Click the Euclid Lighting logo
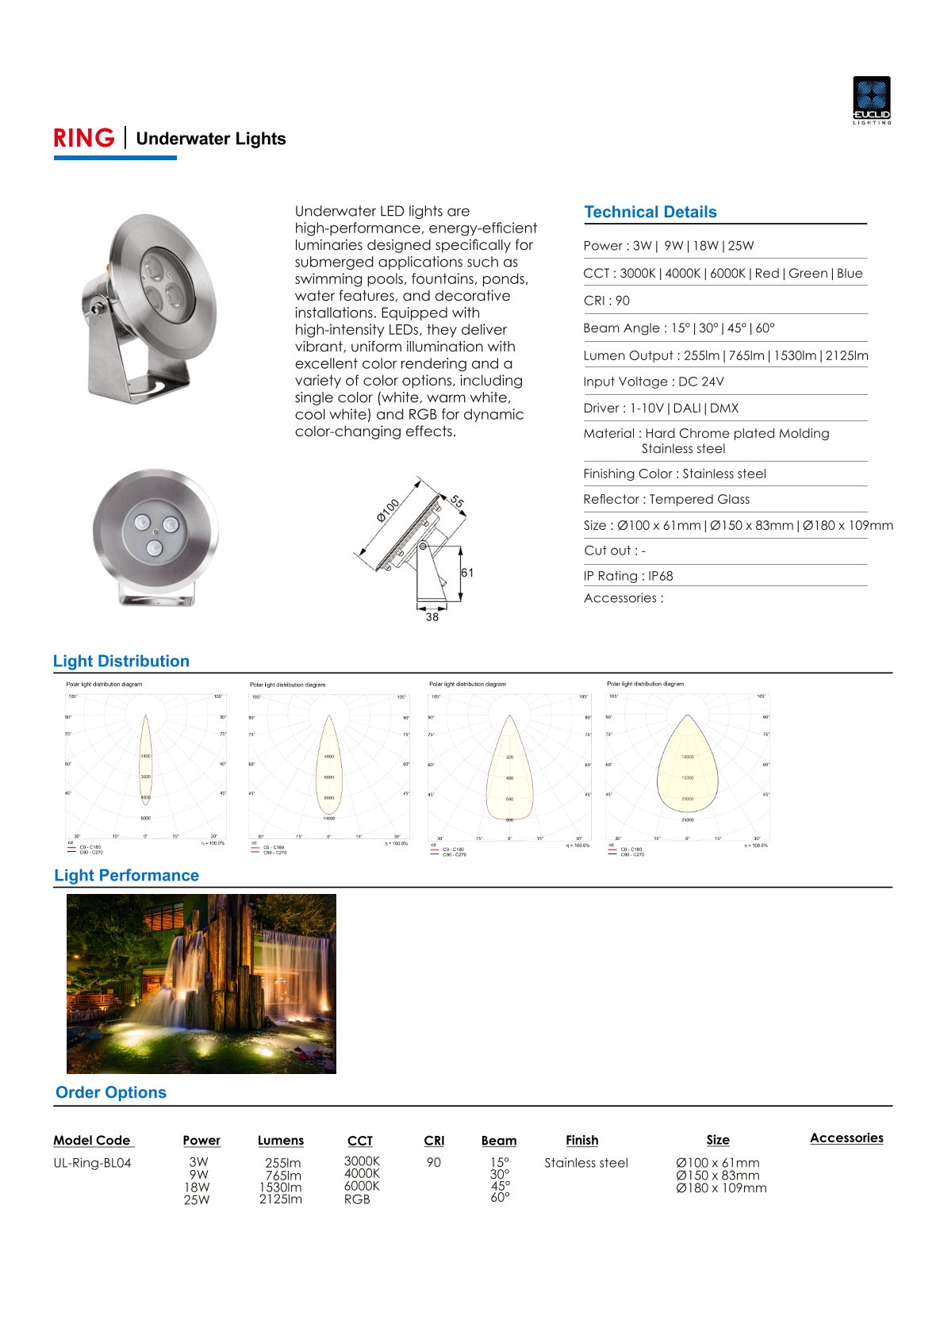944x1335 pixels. point(871,100)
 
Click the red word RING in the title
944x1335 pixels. point(84,138)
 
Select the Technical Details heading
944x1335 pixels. point(650,212)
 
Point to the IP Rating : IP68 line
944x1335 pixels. point(627,576)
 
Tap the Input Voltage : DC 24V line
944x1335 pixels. point(653,382)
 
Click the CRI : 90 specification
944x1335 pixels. point(606,301)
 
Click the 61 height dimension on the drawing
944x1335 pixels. point(467,573)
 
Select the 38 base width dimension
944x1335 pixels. point(432,617)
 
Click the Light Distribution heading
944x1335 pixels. point(121,661)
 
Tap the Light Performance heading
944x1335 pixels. point(126,875)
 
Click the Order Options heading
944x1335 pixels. point(111,1092)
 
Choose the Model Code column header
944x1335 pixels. point(92,1141)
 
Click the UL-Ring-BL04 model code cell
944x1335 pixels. point(92,1163)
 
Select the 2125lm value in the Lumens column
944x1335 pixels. point(280,1199)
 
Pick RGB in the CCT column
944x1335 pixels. point(357,1199)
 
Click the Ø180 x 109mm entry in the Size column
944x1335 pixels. point(721,1188)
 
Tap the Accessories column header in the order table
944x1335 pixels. point(846,1138)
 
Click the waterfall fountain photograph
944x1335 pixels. point(201,984)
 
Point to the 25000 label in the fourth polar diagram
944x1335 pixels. point(687,819)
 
